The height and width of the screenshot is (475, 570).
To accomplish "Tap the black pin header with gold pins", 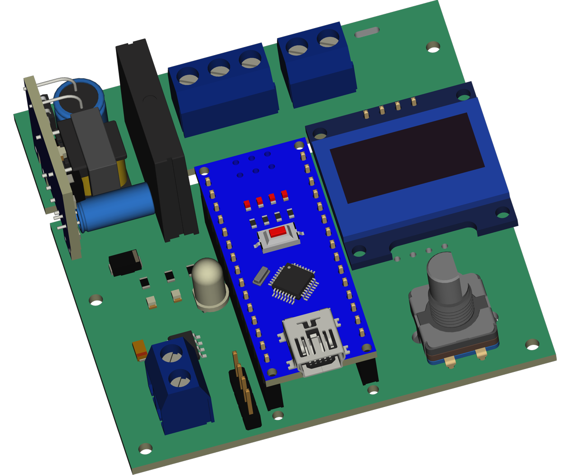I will (x=244, y=394).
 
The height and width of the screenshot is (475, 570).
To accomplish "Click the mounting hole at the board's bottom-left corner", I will (x=145, y=448).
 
